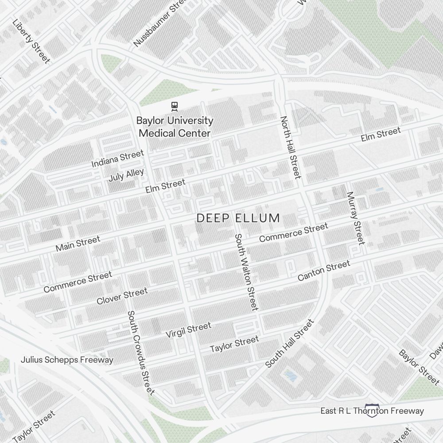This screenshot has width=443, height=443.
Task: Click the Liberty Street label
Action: [31, 41]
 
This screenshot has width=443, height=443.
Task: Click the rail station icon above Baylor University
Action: [175, 106]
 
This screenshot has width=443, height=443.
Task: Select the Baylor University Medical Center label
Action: [175, 127]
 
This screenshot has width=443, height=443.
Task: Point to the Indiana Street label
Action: [117, 159]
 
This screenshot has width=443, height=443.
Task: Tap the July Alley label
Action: [126, 175]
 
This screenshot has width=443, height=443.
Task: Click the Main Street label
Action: [78, 244]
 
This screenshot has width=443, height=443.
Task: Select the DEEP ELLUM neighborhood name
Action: [238, 218]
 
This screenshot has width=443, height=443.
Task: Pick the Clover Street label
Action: [122, 296]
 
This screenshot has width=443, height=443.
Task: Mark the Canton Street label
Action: [324, 271]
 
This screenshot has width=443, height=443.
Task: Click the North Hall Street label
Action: [291, 148]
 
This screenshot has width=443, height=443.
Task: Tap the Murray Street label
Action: [356, 218]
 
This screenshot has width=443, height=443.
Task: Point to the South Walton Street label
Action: [246, 272]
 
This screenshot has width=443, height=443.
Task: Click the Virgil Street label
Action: [188, 330]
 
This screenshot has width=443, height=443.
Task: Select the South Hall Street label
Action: [289, 343]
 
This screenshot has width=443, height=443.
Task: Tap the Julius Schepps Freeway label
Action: [67, 360]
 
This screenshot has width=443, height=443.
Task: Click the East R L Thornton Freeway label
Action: [372, 411]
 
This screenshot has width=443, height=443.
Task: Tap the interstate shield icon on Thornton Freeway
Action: [371, 411]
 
